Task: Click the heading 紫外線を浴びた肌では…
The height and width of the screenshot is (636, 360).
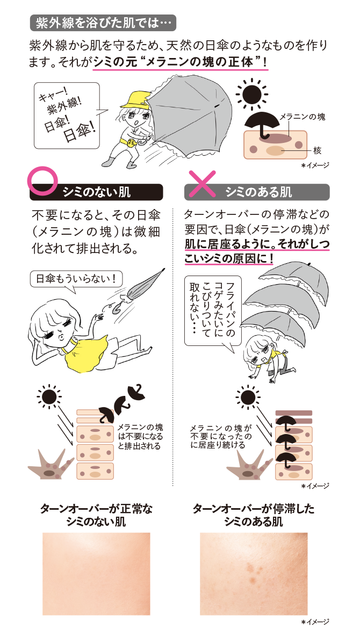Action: click(103, 23)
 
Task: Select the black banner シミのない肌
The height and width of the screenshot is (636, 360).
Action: click(96, 192)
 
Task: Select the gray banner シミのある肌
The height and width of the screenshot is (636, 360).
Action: click(257, 192)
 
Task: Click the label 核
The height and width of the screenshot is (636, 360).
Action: click(316, 150)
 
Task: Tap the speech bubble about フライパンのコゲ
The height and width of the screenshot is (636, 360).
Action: click(213, 309)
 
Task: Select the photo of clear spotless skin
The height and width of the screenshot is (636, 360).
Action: click(96, 574)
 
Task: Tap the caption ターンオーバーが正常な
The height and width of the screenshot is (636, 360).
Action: click(96, 508)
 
